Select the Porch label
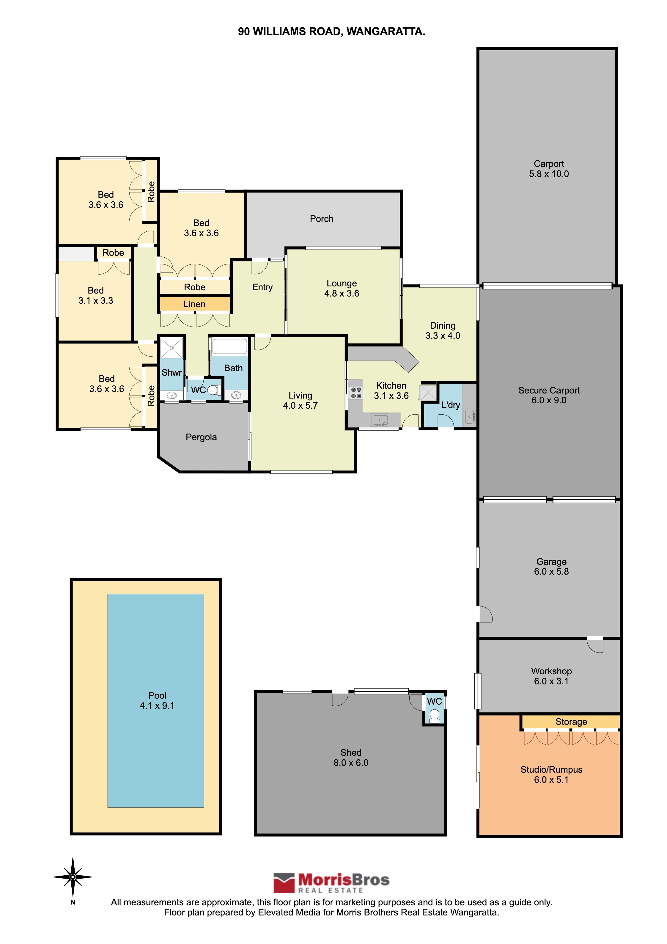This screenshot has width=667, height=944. (321, 219)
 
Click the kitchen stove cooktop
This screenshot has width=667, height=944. (356, 393)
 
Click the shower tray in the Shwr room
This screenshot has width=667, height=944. (172, 348)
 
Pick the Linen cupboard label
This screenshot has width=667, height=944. (194, 304)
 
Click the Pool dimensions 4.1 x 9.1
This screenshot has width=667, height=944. (157, 705)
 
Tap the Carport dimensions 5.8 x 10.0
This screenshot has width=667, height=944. (549, 174)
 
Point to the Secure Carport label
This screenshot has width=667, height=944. (549, 390)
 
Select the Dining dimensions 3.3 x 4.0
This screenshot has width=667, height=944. (443, 335)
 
